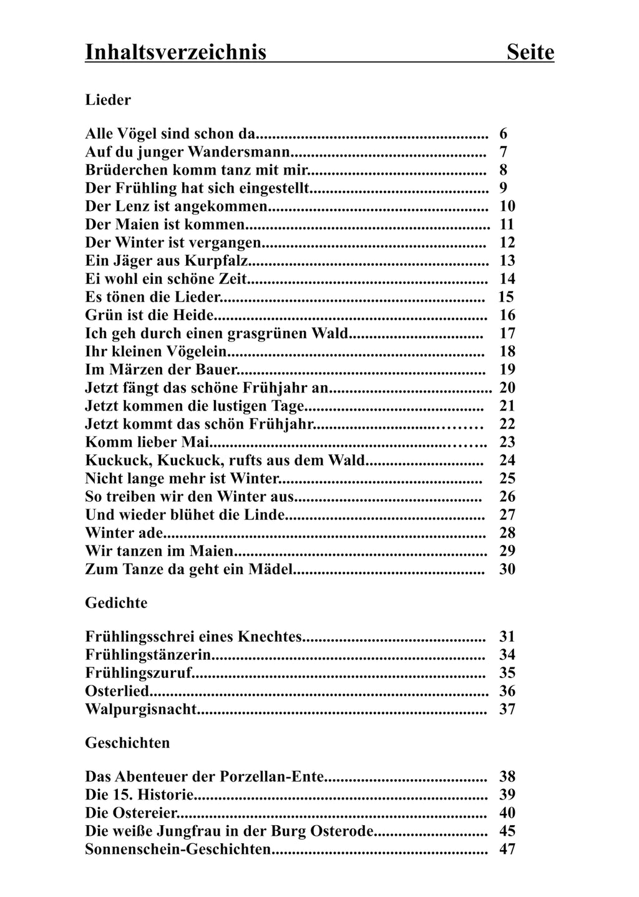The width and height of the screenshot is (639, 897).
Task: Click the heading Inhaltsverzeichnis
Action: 175,52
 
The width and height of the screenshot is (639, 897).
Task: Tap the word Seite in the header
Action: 530,52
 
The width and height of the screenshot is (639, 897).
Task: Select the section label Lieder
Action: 108,100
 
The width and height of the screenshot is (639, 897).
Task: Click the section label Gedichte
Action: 116,603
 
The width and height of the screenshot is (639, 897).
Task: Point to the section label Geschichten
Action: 127,743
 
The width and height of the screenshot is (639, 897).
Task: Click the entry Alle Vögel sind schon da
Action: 170,134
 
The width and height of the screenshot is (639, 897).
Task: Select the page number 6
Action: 503,134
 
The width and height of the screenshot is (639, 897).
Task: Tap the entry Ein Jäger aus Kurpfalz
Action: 167,260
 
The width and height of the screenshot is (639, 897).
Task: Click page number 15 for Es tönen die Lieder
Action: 506,297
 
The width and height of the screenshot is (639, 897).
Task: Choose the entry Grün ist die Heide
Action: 150,315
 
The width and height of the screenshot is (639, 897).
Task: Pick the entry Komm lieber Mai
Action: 147,442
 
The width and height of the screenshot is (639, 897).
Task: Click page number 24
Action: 507,460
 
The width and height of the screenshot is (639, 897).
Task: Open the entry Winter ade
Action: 124,532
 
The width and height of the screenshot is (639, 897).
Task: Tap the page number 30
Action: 507,569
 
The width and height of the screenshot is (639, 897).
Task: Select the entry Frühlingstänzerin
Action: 147,655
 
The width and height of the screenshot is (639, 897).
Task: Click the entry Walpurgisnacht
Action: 141,709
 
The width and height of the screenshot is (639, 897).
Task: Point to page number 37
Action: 507,709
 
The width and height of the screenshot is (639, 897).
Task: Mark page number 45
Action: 507,831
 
